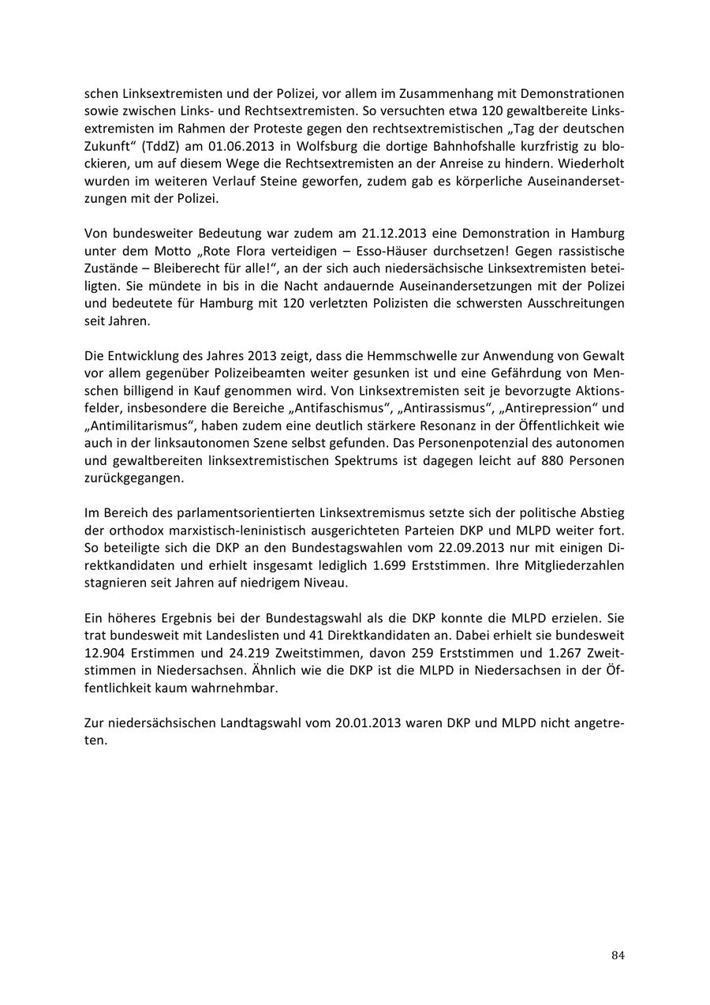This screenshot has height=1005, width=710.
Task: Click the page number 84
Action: tap(618, 955)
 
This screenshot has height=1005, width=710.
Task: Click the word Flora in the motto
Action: tap(238, 250)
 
